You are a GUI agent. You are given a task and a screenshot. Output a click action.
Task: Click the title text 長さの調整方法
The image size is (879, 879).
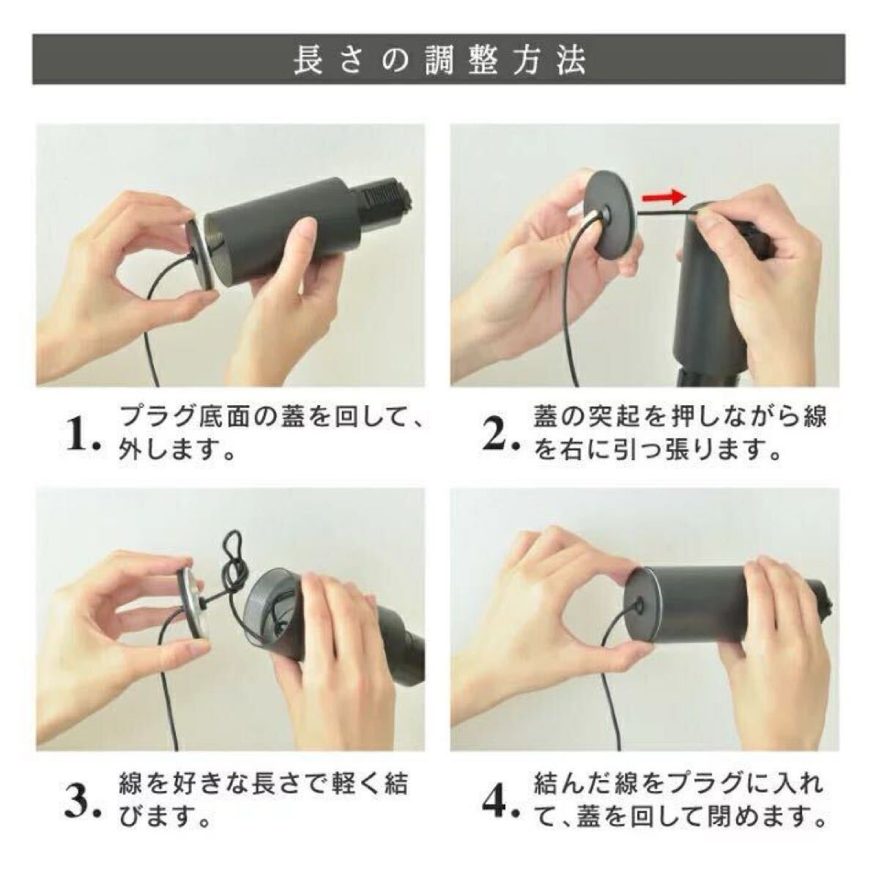[x=439, y=60]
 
